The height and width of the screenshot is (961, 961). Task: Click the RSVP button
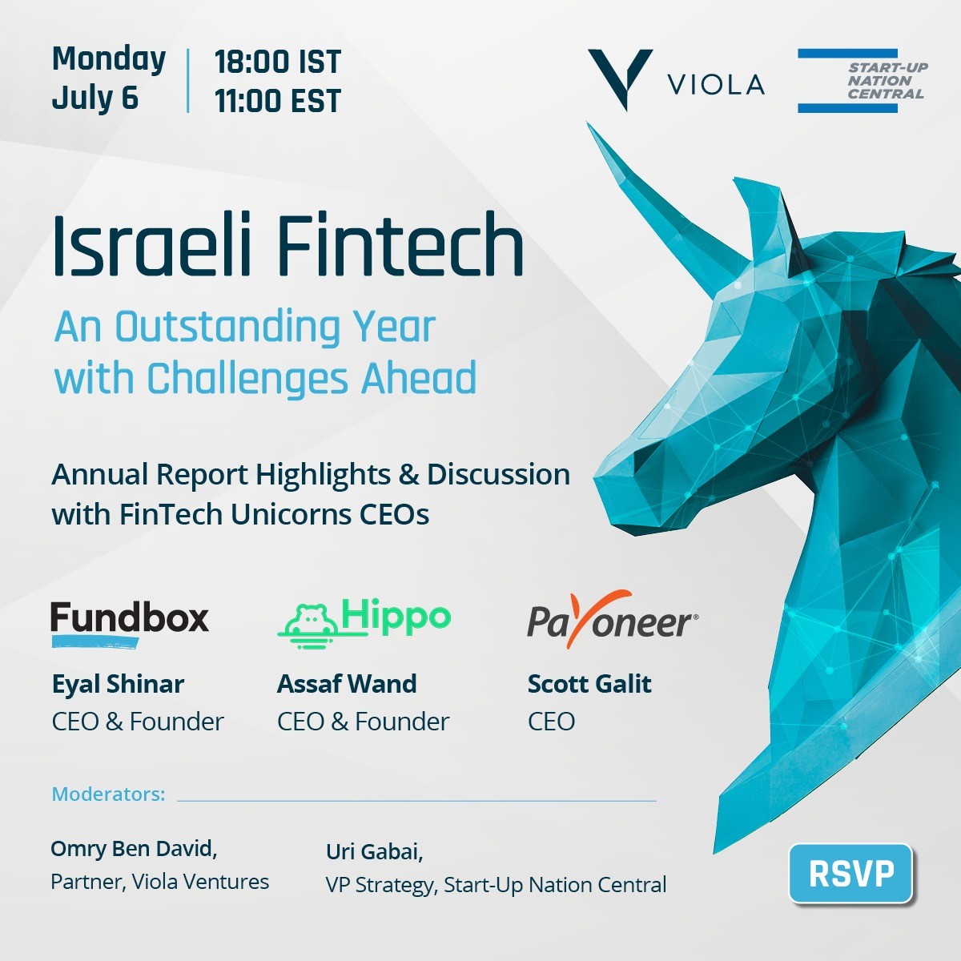pyautogui.click(x=850, y=873)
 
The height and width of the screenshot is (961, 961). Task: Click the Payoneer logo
pyautogui.click(x=613, y=619)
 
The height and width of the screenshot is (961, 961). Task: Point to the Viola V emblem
pyautogui.click(x=620, y=78)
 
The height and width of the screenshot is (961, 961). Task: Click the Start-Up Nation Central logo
pyautogui.click(x=862, y=80)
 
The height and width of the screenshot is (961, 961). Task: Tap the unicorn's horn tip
pyautogui.click(x=589, y=123)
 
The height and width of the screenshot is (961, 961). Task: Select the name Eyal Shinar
pyautogui.click(x=119, y=684)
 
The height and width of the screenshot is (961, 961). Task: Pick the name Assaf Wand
pyautogui.click(x=347, y=684)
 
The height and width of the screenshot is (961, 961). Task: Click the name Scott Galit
pyautogui.click(x=589, y=684)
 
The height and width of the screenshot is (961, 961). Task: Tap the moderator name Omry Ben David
pyautogui.click(x=134, y=849)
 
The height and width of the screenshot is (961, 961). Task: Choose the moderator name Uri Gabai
pyautogui.click(x=375, y=851)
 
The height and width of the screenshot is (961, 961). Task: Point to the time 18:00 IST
pyautogui.click(x=278, y=62)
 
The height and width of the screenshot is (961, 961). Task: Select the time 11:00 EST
pyautogui.click(x=278, y=101)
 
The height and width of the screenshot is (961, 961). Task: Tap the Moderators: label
pyautogui.click(x=108, y=794)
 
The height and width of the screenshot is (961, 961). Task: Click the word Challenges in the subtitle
pyautogui.click(x=247, y=379)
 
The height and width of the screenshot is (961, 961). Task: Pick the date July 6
pyautogui.click(x=94, y=98)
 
